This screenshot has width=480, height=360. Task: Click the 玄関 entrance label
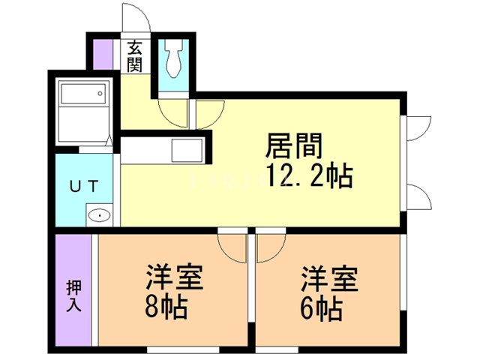point(135,56)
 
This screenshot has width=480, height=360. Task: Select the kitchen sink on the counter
point(186,151)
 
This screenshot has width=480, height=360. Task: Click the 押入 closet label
point(73,294)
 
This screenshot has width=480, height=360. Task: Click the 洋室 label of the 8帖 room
point(173,277)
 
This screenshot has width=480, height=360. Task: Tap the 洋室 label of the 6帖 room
point(329,277)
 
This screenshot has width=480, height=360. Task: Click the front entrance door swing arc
point(139,16)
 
